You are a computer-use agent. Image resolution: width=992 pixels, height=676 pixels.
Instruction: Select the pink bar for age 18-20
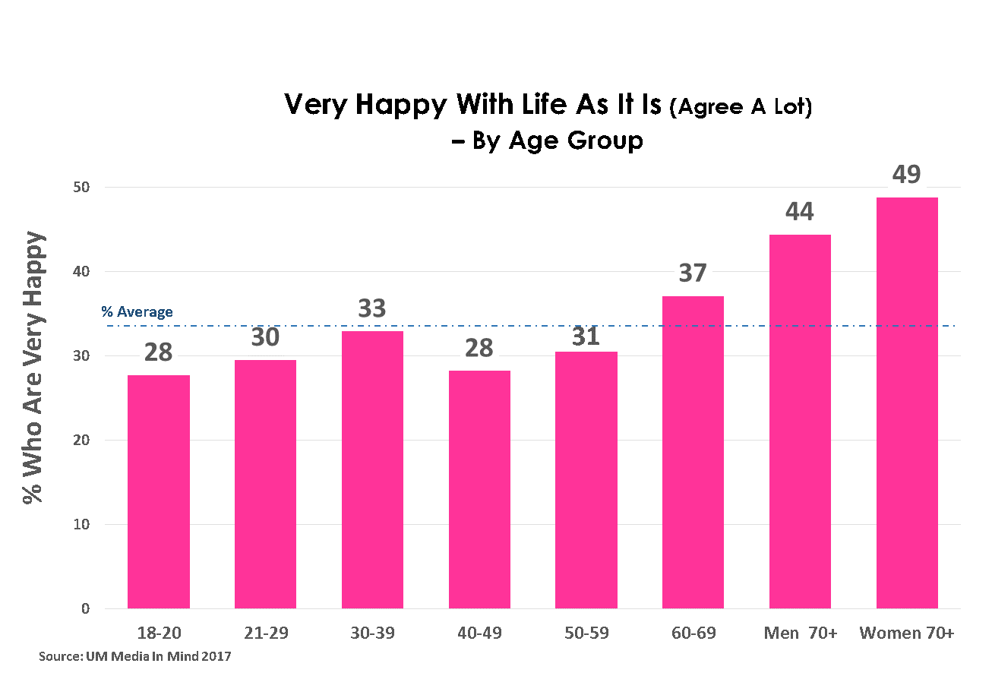(x=158, y=491)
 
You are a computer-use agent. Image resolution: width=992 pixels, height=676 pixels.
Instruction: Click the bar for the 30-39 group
(x=372, y=469)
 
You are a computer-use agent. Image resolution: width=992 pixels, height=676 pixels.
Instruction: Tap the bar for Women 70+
(x=907, y=403)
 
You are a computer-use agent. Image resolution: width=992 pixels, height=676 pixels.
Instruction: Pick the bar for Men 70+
(x=800, y=422)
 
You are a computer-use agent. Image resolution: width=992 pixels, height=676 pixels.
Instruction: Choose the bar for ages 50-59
(x=586, y=480)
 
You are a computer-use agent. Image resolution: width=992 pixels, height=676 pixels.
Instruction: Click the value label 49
(x=906, y=175)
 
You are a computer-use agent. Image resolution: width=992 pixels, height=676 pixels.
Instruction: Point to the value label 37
(x=693, y=273)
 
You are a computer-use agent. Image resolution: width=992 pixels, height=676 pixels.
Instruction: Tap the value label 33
(x=372, y=308)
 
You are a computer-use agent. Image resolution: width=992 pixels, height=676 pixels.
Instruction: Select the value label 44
(x=799, y=212)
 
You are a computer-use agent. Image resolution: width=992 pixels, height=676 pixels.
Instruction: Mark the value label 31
(x=586, y=335)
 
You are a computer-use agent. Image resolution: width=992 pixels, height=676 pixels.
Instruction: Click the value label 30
(x=265, y=336)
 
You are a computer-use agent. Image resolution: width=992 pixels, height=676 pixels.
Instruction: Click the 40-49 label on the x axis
(x=479, y=633)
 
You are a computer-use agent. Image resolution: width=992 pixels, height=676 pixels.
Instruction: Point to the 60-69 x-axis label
(x=693, y=633)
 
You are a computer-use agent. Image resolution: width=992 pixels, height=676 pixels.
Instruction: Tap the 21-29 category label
(x=266, y=633)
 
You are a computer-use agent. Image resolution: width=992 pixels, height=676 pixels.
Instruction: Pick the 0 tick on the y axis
(x=86, y=609)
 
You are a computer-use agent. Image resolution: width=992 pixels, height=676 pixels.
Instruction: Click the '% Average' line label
(x=137, y=312)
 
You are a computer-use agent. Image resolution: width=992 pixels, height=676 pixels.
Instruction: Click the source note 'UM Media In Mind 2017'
(x=134, y=655)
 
